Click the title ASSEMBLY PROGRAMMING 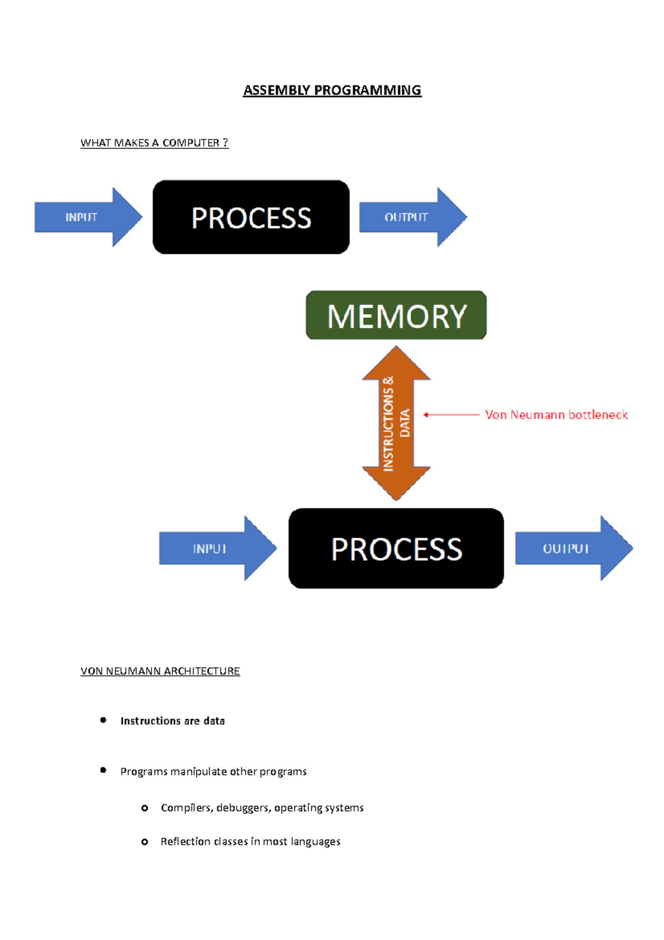[332, 90]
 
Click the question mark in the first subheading [225, 142]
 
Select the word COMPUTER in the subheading [190, 143]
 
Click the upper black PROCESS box [251, 217]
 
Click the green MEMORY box [396, 316]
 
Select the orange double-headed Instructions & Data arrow [396, 423]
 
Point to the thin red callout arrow [451, 415]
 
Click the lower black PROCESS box [396, 549]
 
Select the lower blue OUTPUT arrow [570, 549]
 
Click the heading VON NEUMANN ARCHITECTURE [160, 671]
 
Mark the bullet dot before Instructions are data [103, 720]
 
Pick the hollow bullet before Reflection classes [144, 842]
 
